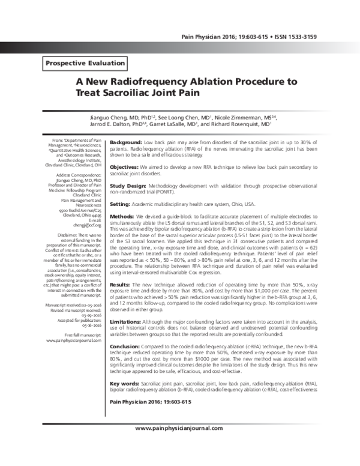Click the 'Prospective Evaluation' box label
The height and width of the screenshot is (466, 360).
click(85, 62)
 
